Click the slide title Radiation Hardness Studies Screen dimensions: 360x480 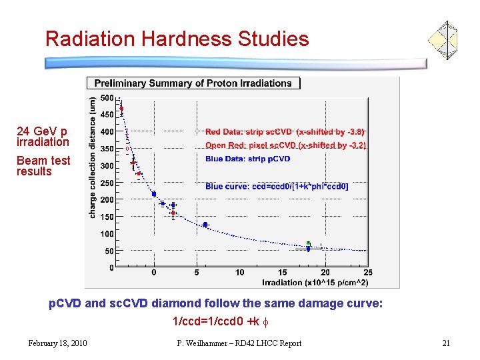pyautogui.click(x=177, y=39)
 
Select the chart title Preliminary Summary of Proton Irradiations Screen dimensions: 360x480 pyautogui.click(x=193, y=83)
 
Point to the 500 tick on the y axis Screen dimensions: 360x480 pyautogui.click(x=107, y=98)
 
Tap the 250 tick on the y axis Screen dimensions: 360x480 pyautogui.click(x=107, y=183)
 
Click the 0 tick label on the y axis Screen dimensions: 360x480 pyautogui.click(x=111, y=267)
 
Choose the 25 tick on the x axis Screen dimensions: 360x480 pyautogui.click(x=367, y=273)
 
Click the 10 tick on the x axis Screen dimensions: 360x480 pyautogui.click(x=239, y=273)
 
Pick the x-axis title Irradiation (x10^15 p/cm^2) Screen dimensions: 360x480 pyautogui.click(x=317, y=282)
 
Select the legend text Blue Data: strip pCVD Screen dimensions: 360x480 pyautogui.click(x=247, y=159)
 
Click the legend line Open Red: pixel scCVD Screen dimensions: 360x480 pyautogui.click(x=285, y=145)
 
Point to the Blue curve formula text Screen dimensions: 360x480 pyautogui.click(x=277, y=187)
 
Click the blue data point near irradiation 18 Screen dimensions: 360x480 pyautogui.click(x=308, y=248)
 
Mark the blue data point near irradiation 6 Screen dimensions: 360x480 pyautogui.click(x=205, y=225)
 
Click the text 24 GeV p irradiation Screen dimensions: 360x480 pyautogui.click(x=43, y=137)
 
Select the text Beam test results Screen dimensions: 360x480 pyautogui.click(x=43, y=166)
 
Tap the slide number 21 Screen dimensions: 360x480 pyautogui.click(x=446, y=343)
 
